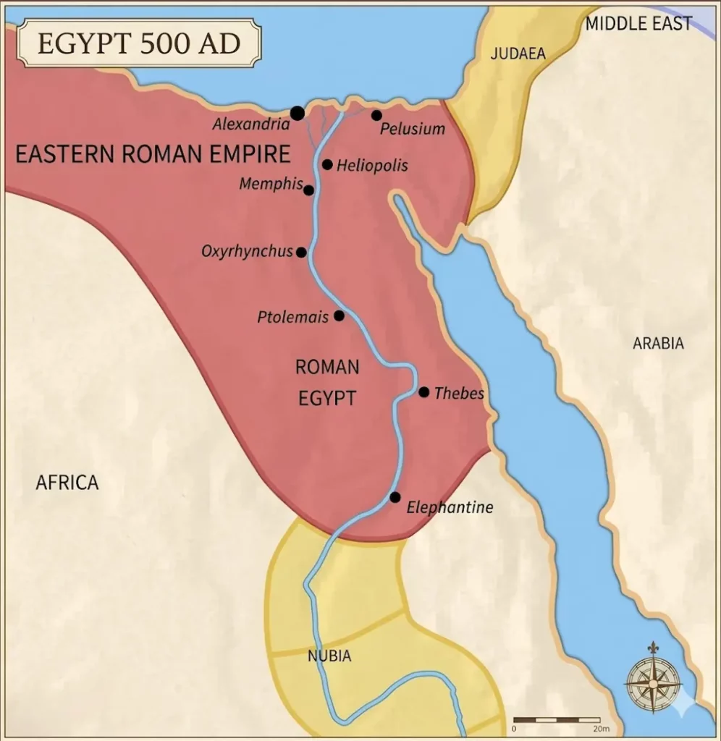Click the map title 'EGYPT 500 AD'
pyautogui.click(x=138, y=43)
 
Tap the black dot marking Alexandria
pyautogui.click(x=297, y=113)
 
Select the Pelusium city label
pyautogui.click(x=413, y=130)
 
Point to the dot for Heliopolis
pyautogui.click(x=327, y=164)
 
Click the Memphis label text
pyautogui.click(x=271, y=184)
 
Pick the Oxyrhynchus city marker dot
pyautogui.click(x=301, y=252)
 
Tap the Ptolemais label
pyautogui.click(x=292, y=317)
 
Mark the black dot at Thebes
pyautogui.click(x=423, y=392)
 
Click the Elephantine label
pyautogui.click(x=450, y=507)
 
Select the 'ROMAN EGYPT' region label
pyautogui.click(x=327, y=382)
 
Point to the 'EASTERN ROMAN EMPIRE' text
pyautogui.click(x=153, y=154)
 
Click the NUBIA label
pyautogui.click(x=329, y=656)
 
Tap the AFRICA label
pyautogui.click(x=67, y=483)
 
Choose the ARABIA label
pyautogui.click(x=658, y=343)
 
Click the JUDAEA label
pyautogui.click(x=518, y=54)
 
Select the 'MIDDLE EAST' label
pyautogui.click(x=638, y=24)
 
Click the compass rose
pyautogui.click(x=653, y=677)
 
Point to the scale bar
pyautogui.click(x=556, y=719)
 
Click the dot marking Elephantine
pyautogui.click(x=395, y=497)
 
